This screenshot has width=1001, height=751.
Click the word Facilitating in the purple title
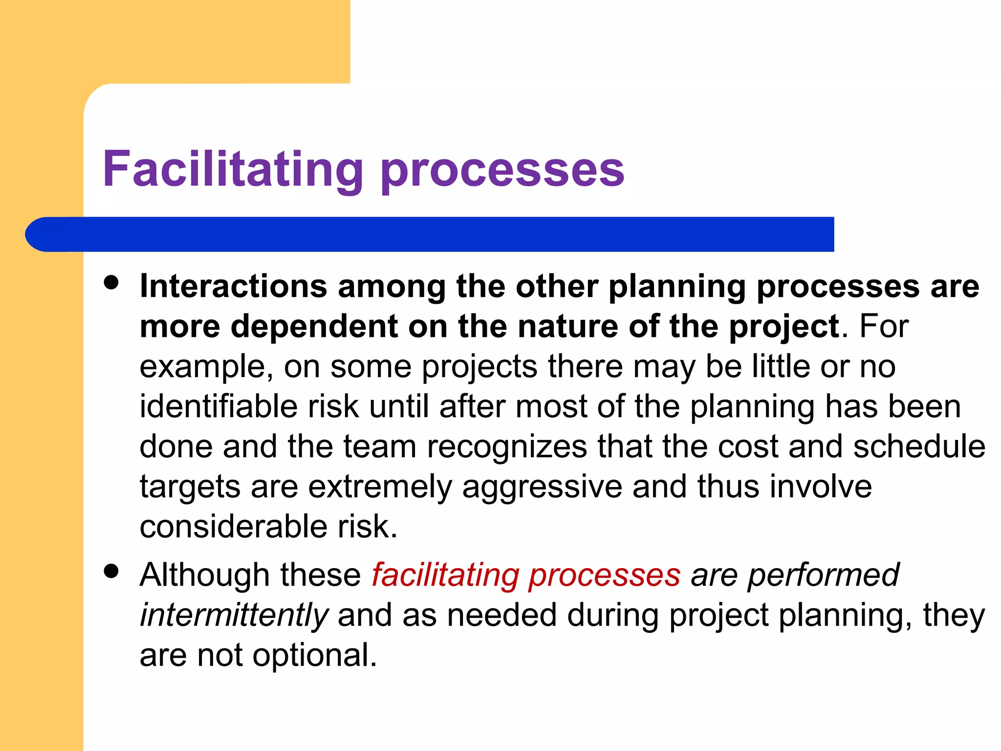point(233,169)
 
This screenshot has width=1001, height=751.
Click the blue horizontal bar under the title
point(430,234)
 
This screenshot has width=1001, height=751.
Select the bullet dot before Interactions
point(112,283)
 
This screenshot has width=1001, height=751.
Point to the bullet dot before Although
point(112,571)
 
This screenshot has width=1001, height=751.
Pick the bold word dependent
point(314,326)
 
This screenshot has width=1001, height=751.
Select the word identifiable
point(218,406)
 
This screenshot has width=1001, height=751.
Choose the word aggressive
point(542,487)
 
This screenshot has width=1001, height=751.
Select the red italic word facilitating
point(445,575)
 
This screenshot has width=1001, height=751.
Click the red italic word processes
point(605,575)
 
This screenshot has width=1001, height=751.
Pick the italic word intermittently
point(234,615)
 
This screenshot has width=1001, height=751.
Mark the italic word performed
point(823,575)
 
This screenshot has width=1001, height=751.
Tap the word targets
point(190,487)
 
